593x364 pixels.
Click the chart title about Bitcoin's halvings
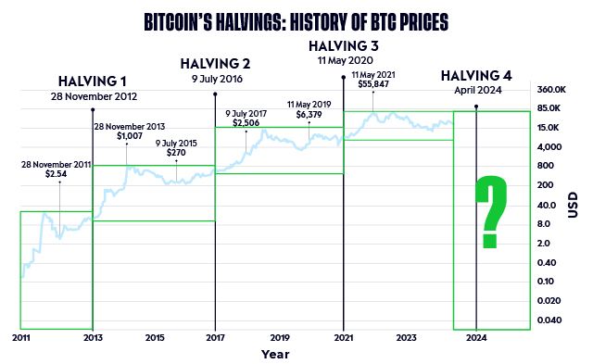point(296,19)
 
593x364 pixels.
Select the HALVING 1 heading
point(93,82)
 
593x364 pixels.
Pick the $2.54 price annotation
point(58,173)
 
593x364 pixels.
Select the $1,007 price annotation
point(132,136)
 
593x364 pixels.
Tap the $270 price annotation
point(176,153)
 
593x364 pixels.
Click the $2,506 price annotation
point(246,122)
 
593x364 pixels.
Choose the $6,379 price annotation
point(309,116)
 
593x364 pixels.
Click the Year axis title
point(275,354)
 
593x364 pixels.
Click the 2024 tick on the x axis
point(475,338)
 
